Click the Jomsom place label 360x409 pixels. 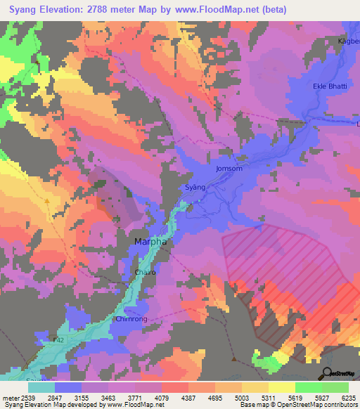tap(229, 169)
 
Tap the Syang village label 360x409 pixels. tap(195, 188)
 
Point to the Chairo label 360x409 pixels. tap(144, 271)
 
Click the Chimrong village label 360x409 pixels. tap(130, 318)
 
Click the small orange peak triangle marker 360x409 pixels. tap(47, 201)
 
